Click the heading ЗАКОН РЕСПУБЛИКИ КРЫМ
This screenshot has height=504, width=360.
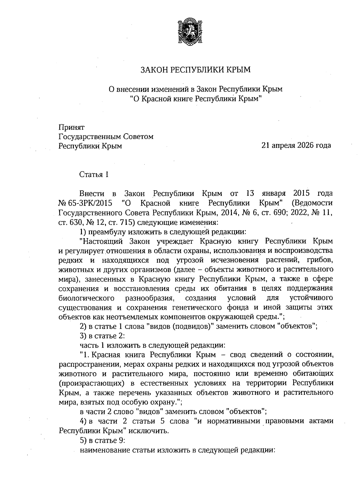tap(195, 70)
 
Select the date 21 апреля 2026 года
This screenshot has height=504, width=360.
tap(296, 146)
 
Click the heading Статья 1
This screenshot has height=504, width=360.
tap(94, 174)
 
